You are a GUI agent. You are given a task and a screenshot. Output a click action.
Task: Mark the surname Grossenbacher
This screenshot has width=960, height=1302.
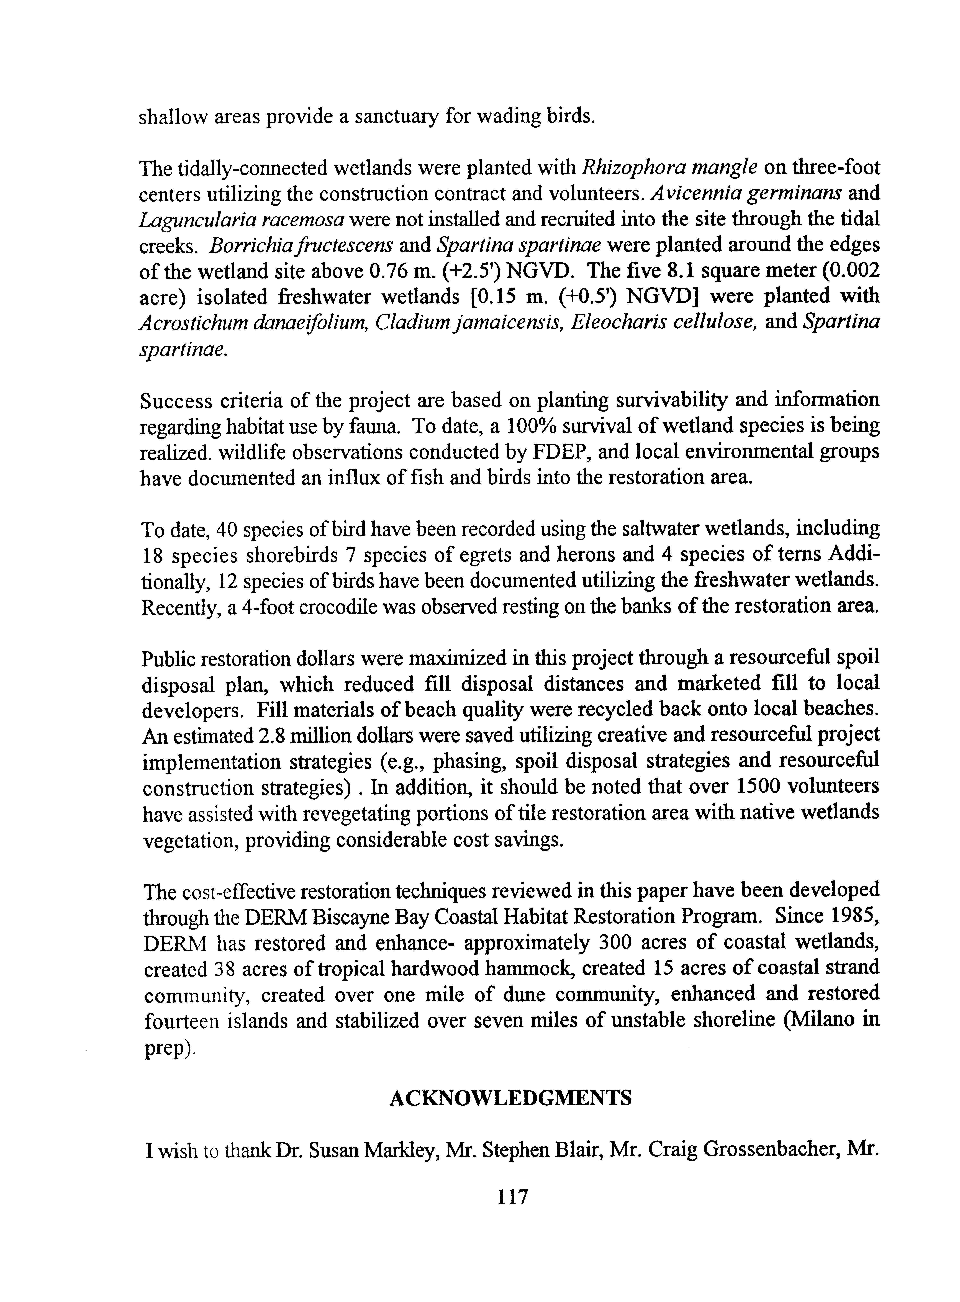coord(773,1152)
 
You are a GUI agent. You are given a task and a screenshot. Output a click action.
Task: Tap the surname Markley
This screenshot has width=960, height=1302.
coord(401,1152)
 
